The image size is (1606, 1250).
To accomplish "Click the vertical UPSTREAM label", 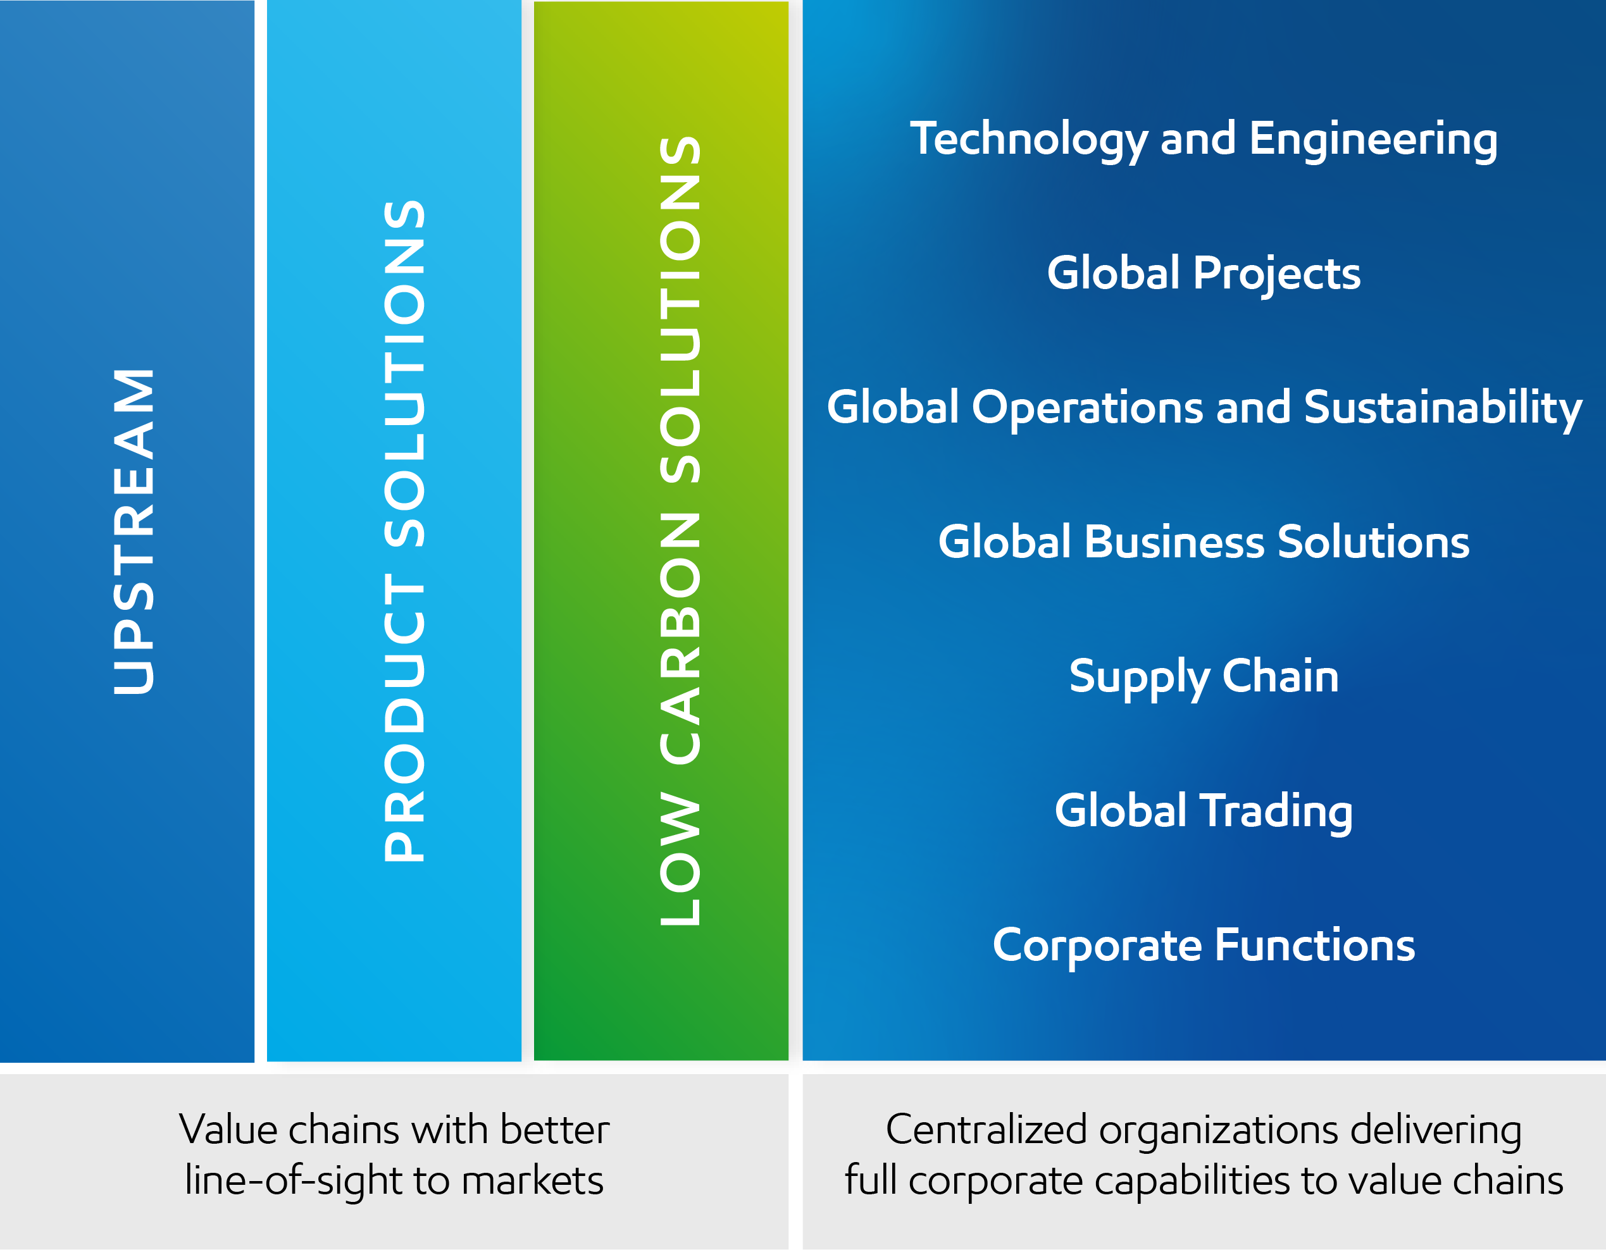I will pos(134,531).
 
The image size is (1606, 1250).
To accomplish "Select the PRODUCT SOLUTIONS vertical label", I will pos(404,531).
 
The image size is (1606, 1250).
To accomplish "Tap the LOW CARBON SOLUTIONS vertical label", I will pos(680,531).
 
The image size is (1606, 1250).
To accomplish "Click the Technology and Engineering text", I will pos(1204,140).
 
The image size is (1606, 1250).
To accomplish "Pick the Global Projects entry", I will pos(1204,273).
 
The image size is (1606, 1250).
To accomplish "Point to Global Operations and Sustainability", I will pos(1204,408).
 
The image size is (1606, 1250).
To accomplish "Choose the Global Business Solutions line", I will pos(1204,543).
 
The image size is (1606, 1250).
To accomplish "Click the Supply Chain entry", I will pos(1204,676).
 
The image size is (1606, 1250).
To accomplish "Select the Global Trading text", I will pos(1204,811).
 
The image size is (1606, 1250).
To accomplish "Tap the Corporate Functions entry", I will pos(1204,945).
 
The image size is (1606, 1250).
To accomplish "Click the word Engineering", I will pos(1373,140).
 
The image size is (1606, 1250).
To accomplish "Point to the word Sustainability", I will pos(1443,408).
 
